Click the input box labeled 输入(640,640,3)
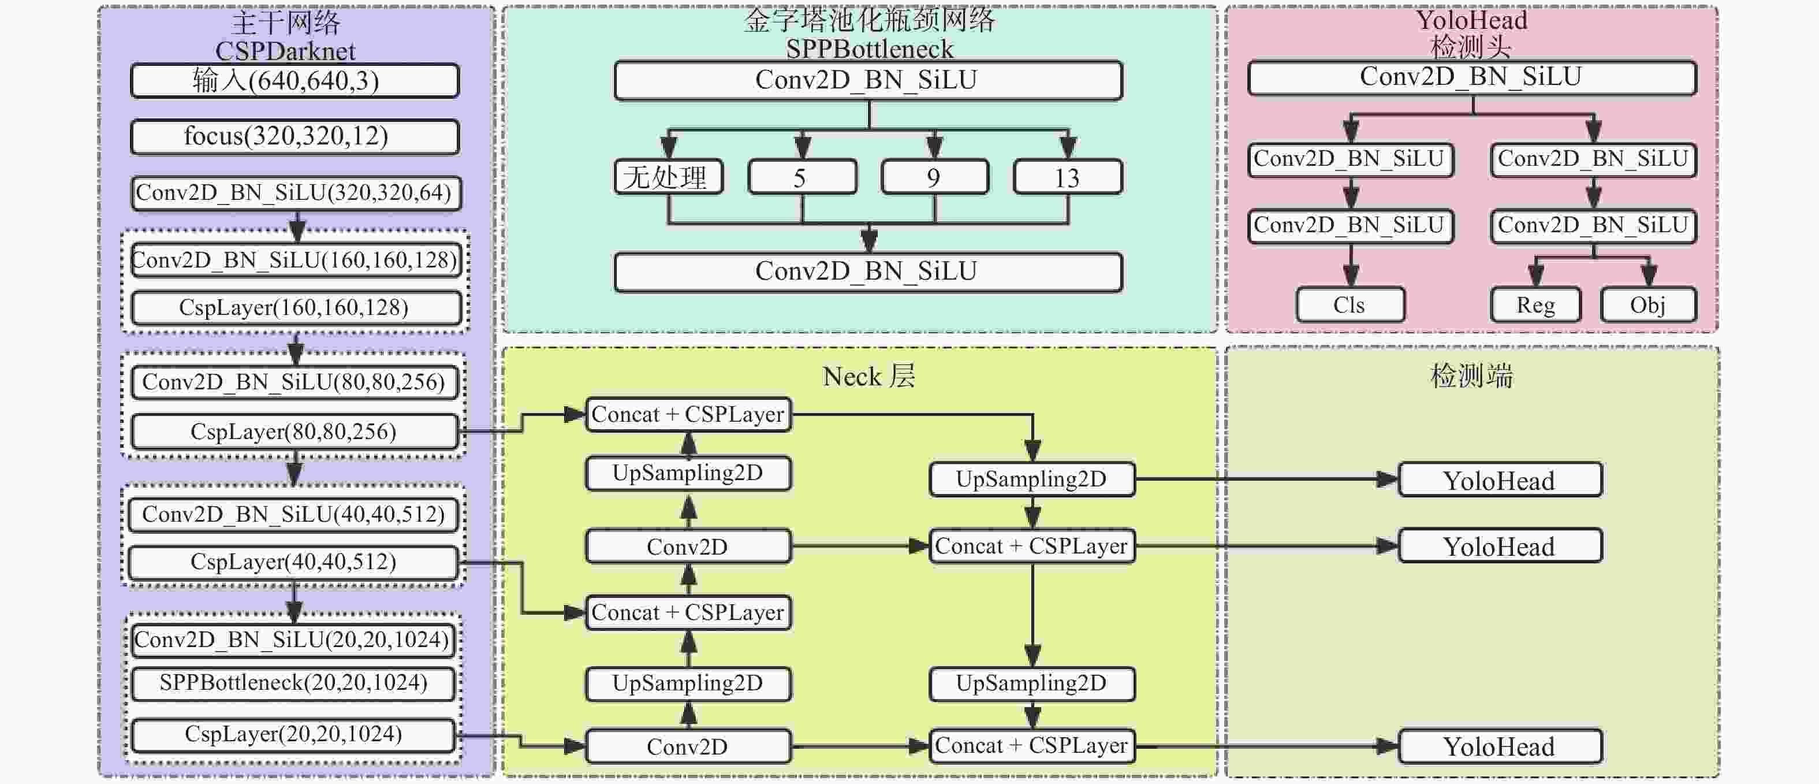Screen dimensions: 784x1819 click(295, 80)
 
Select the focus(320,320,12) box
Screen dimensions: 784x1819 click(295, 136)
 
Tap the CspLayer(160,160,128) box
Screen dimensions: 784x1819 click(296, 308)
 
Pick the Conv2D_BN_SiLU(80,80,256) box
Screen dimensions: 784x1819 click(295, 382)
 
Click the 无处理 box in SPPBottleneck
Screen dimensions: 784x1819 click(668, 177)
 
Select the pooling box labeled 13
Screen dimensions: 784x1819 click(1067, 177)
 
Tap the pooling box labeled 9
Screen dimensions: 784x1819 click(934, 177)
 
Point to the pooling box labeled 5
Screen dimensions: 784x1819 click(802, 177)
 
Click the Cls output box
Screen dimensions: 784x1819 click(1350, 305)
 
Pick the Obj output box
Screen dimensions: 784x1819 click(1647, 305)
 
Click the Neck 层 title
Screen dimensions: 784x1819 click(869, 377)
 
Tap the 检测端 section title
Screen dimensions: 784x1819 click(1471, 377)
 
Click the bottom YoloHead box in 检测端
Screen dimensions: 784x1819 click(1499, 746)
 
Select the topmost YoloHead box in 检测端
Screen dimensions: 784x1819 click(1499, 480)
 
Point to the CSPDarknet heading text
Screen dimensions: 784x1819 click(285, 51)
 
